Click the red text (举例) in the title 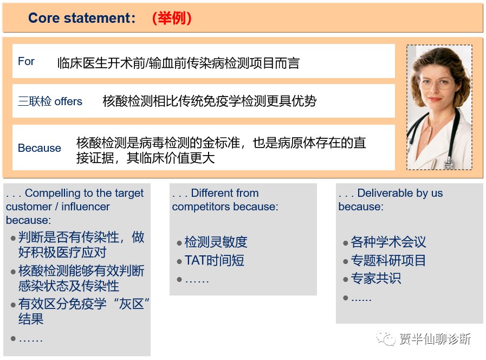tap(172, 18)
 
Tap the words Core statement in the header tap(80, 18)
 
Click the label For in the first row tap(26, 61)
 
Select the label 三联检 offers tap(50, 101)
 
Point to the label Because tap(40, 148)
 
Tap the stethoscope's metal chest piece tap(448, 163)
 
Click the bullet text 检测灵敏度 tap(216, 242)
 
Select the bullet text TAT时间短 tap(214, 260)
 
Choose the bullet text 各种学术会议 tap(388, 242)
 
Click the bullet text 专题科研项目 tap(388, 260)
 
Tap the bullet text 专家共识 tap(376, 278)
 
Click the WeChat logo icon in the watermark tap(386, 338)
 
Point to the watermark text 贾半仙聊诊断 tap(435, 339)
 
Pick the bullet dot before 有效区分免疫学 tap(13, 305)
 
